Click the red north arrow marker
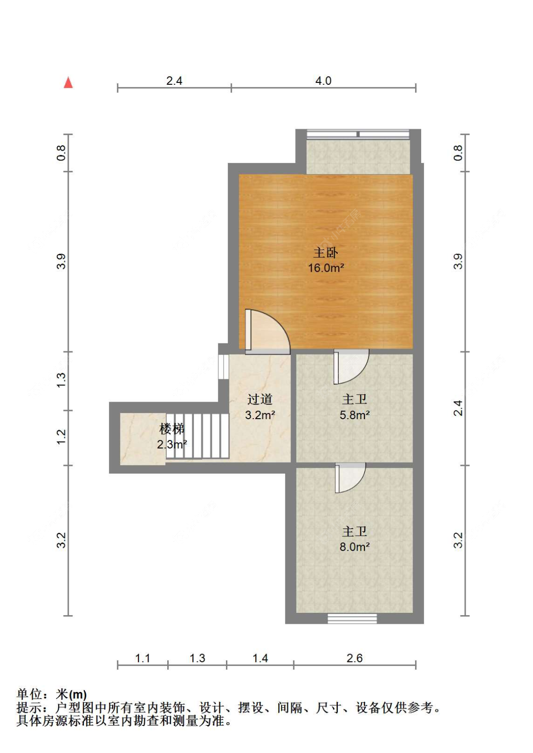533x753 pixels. pos(69,83)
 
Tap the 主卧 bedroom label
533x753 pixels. pos(325,252)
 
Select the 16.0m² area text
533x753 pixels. pos(325,268)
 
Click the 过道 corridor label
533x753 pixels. pos(260,399)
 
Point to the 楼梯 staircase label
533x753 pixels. pos(172,429)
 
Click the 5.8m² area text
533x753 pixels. pos(354,415)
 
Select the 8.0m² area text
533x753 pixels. pos(354,547)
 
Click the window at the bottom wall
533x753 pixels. pos(352,619)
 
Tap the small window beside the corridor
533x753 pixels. pos(223,366)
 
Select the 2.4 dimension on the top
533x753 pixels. pos(174,81)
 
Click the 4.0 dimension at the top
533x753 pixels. pos(324,81)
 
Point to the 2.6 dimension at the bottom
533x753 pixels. pos(354,658)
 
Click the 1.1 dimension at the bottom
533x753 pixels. pos(143,658)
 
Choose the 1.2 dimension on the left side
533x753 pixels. pos(62,437)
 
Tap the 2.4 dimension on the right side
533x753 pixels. pos(458,408)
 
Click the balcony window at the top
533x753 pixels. pos(358,134)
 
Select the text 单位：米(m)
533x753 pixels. pos(52,695)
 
